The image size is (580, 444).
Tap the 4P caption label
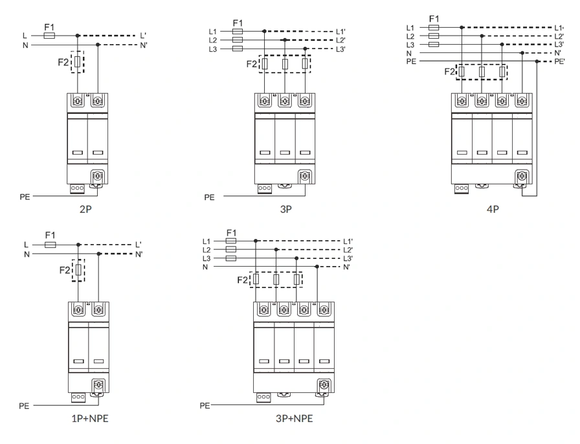point(493,208)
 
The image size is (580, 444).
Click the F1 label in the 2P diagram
point(49,27)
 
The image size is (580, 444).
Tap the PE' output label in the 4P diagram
point(559,61)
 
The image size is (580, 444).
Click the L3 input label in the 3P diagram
point(213,49)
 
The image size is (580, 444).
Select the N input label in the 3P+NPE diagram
point(206,267)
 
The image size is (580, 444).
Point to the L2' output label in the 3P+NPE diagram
point(348,250)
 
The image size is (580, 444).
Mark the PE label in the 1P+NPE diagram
point(24,405)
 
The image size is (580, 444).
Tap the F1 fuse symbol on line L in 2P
point(49,36)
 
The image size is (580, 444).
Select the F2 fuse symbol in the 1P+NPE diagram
point(78,269)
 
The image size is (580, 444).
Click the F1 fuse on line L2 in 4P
point(434,36)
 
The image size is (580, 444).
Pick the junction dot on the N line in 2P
point(98,45)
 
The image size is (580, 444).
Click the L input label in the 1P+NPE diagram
point(25,245)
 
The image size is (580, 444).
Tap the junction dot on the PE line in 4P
point(537,61)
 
